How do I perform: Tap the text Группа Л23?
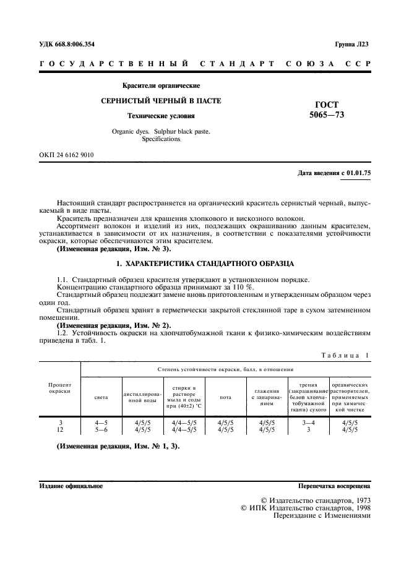pos(351,45)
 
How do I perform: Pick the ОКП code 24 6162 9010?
pos(66,155)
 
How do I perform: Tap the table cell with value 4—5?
pos(101,422)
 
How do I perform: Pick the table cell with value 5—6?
pos(101,429)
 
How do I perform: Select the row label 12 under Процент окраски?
pos(60,429)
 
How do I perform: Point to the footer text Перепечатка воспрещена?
pos(334,486)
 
